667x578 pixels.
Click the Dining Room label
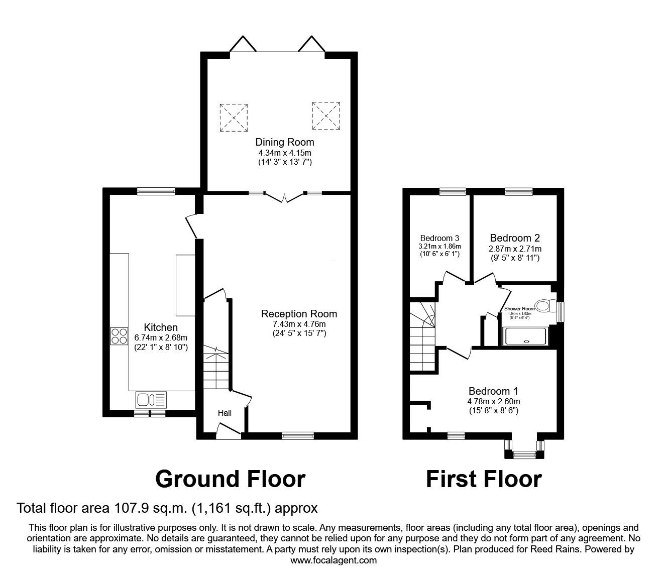point(285,142)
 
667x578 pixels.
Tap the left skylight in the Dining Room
point(234,118)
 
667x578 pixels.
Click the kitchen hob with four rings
point(119,336)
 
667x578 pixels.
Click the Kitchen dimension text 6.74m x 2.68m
point(161,337)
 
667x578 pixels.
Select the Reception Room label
point(299,314)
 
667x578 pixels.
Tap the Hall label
point(225,413)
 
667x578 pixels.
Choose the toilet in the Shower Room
point(544,305)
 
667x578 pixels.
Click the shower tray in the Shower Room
point(526,337)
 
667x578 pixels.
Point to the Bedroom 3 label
point(440,238)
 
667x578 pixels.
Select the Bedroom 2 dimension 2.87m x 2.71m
point(515,249)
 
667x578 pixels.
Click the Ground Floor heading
point(230,479)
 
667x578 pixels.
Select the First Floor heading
point(484,479)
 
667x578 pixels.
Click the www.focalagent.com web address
point(333,560)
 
